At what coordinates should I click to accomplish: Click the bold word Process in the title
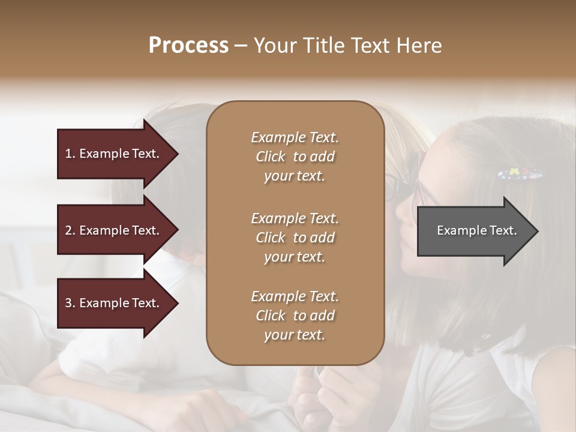click(x=188, y=46)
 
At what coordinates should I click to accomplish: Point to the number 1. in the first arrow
click(x=70, y=154)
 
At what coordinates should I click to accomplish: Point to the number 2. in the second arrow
click(x=70, y=230)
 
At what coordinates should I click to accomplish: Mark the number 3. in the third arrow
click(x=70, y=303)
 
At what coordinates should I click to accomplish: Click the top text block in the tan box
click(x=295, y=157)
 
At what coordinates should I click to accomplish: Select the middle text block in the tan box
click(x=295, y=238)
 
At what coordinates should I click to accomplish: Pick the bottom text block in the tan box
click(x=295, y=316)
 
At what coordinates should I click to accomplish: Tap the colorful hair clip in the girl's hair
click(x=520, y=175)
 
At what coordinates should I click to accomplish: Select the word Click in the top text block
click(x=271, y=157)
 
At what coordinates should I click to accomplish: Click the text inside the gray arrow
click(x=476, y=230)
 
